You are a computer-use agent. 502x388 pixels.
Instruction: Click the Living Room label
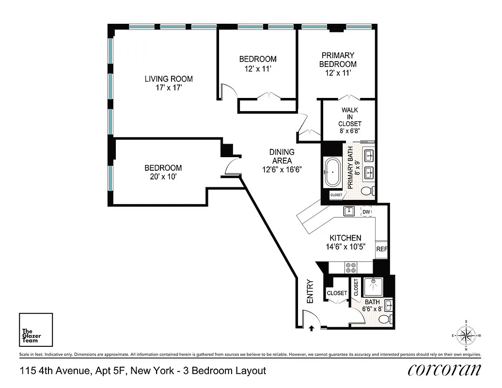(169, 79)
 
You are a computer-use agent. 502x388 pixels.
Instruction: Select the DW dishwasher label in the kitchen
(367, 212)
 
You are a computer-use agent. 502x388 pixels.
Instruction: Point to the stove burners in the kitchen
(350, 267)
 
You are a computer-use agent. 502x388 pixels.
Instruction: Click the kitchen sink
(348, 211)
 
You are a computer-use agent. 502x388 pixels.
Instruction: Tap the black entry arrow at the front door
(311, 328)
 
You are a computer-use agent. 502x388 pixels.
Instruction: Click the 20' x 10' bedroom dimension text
(163, 177)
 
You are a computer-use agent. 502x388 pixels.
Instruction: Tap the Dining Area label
(282, 156)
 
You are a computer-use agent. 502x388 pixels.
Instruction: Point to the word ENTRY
(310, 292)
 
